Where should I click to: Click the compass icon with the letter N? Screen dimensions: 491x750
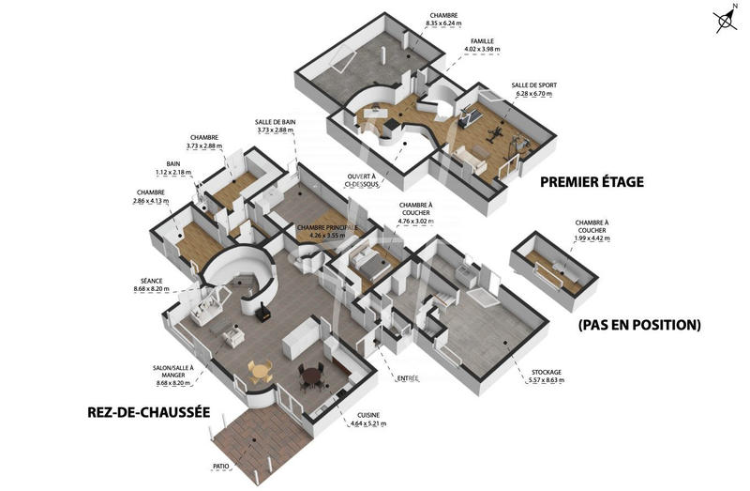pos(723,22)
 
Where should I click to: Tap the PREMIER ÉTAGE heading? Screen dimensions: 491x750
pos(592,182)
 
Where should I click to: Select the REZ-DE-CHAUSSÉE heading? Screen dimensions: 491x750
pos(147,411)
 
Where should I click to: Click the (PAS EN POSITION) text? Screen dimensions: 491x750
pos(639,325)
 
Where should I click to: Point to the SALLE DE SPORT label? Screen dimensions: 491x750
pos(532,85)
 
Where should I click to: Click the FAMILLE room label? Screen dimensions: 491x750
pos(484,41)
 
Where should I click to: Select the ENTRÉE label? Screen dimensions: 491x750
pos(408,377)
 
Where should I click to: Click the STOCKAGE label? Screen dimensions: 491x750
pos(547,372)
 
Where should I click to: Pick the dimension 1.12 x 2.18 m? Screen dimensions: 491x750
pos(173,172)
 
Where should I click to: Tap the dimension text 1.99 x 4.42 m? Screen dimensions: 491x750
pos(592,238)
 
